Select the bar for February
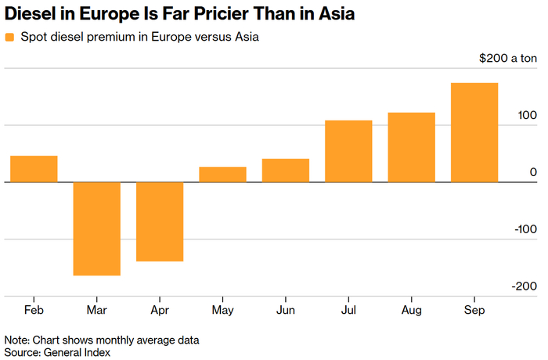click(34, 169)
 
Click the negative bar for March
click(97, 229)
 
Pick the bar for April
click(160, 221)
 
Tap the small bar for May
click(222, 175)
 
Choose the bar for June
click(286, 170)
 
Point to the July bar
click(348, 151)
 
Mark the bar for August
click(411, 147)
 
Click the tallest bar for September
click(474, 132)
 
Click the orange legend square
click(9, 37)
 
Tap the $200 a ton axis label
click(508, 58)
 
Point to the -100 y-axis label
click(525, 229)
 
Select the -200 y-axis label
click(525, 286)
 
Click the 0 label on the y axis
click(533, 172)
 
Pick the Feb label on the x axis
click(34, 310)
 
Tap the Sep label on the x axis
click(474, 310)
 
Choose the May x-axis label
click(222, 310)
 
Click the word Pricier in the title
click(221, 14)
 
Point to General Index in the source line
click(77, 352)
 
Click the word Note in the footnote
click(16, 340)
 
